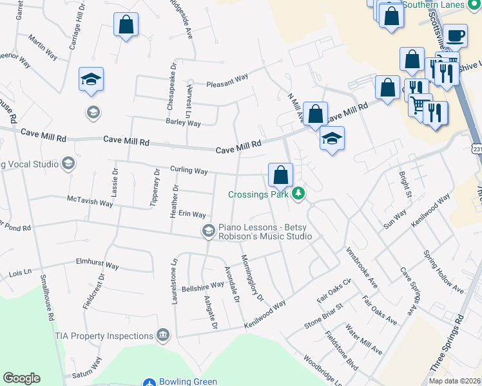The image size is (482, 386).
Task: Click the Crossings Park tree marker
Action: (x=298, y=193)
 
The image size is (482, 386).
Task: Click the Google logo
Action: (x=21, y=378)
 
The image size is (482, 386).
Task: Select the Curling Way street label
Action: (x=188, y=171)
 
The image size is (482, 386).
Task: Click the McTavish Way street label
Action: (x=90, y=202)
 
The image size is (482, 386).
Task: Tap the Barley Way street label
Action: (x=183, y=122)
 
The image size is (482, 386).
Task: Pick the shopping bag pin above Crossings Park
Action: (x=281, y=174)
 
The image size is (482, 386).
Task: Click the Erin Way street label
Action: (x=192, y=214)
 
